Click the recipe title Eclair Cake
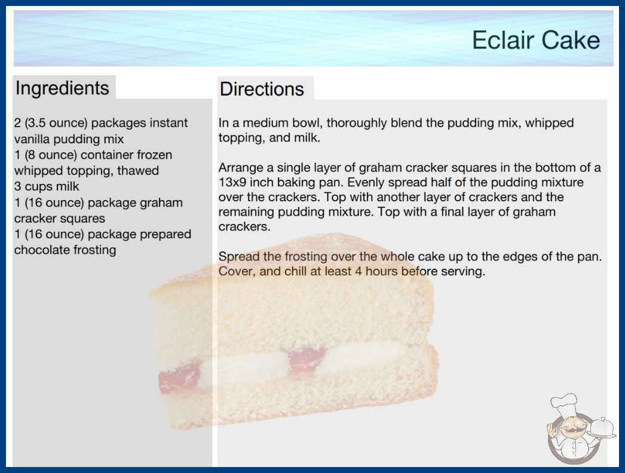(536, 40)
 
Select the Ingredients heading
(62, 88)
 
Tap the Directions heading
(262, 89)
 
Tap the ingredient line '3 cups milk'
(47, 186)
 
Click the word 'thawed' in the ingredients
(138, 171)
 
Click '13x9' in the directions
(232, 183)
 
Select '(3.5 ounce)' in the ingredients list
(56, 123)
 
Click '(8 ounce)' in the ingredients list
(51, 155)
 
